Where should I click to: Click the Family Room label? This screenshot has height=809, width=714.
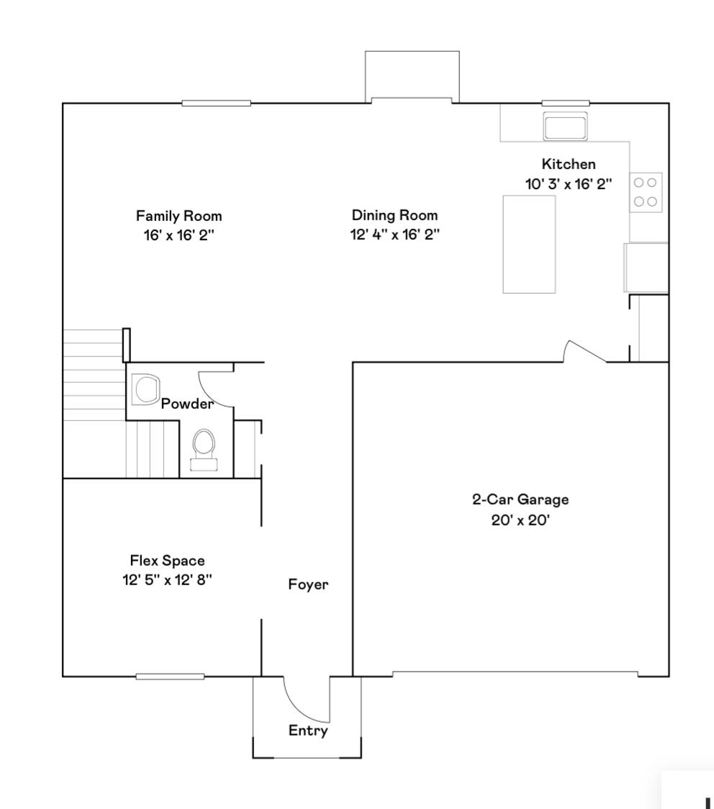click(x=179, y=216)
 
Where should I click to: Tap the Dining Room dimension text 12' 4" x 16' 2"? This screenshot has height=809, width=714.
click(x=394, y=235)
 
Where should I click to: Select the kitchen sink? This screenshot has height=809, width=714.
click(x=566, y=127)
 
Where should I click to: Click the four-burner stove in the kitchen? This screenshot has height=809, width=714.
click(x=646, y=191)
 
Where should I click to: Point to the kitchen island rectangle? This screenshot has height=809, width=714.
click(x=529, y=244)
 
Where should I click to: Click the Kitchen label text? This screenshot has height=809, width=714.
click(x=569, y=165)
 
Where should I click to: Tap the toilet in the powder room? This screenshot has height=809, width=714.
click(x=204, y=448)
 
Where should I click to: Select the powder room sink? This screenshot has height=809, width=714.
click(x=148, y=389)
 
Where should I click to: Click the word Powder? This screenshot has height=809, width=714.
click(x=187, y=404)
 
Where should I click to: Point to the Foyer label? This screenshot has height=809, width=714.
click(x=308, y=584)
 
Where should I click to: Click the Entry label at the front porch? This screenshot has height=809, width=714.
click(x=308, y=731)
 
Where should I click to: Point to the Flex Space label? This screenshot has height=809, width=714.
click(x=167, y=561)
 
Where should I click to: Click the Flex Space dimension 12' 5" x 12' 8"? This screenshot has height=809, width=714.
click(x=167, y=580)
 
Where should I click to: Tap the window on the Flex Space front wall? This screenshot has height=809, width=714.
click(x=170, y=677)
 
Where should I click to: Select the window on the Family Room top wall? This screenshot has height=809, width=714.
click(x=216, y=104)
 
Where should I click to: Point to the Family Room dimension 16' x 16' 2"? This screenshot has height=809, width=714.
click(x=179, y=235)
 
